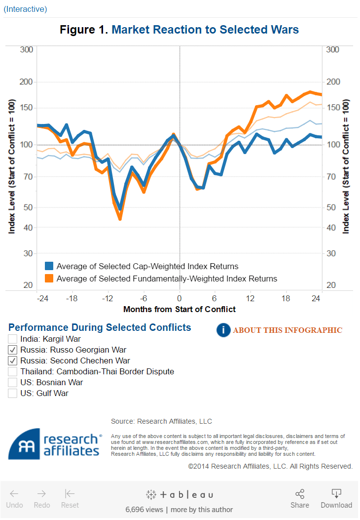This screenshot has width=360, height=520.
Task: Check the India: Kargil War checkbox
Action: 13,339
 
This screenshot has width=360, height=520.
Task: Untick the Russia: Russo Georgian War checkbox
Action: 13,350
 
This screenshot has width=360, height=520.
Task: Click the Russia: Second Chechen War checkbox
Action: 13,360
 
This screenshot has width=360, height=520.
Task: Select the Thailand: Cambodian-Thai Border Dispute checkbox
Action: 13,371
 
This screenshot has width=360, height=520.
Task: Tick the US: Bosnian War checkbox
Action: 13,382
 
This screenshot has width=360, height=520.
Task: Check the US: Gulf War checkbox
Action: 13,393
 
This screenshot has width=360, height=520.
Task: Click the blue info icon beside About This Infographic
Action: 223,330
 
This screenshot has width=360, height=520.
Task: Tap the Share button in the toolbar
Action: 299,498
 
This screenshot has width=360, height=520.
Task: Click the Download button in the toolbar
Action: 336,498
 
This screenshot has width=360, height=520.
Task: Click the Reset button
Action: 70,498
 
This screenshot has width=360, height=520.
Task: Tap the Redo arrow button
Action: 42,498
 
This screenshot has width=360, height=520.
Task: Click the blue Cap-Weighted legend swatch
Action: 49,266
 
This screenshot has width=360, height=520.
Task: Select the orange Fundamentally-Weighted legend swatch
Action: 49,279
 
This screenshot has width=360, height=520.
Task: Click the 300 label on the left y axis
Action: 27,49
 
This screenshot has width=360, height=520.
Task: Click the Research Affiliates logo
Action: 54,443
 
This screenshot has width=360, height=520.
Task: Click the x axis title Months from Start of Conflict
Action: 180,309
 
